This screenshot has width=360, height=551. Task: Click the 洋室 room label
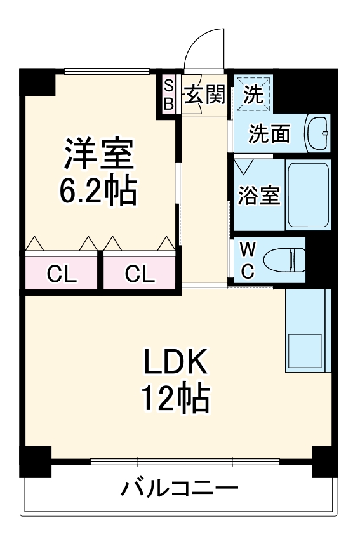pyautogui.click(x=98, y=154)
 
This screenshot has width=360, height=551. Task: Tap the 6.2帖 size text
pyautogui.click(x=98, y=190)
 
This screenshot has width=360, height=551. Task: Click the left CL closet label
pyautogui.click(x=62, y=274)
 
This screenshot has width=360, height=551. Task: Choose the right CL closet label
pyautogui.click(x=139, y=274)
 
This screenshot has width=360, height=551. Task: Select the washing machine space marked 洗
pyautogui.click(x=253, y=95)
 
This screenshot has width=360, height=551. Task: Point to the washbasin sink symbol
pyautogui.click(x=317, y=133)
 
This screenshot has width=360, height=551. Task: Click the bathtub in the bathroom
pyautogui.click(x=308, y=195)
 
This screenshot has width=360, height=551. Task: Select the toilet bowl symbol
pyautogui.click(x=284, y=259)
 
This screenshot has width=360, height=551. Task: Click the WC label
pyautogui.click(x=248, y=259)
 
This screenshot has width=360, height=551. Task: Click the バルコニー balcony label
pyautogui.click(x=180, y=489)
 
